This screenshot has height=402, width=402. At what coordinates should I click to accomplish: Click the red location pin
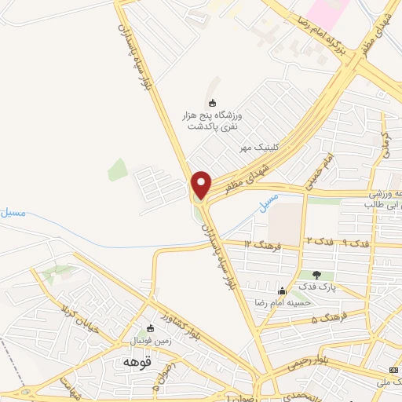click(201, 185)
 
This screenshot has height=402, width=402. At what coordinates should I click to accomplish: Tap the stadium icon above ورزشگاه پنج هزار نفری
click(211, 102)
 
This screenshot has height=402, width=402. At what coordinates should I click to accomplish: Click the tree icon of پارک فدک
click(316, 275)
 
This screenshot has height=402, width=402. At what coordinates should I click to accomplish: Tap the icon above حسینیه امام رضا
click(281, 291)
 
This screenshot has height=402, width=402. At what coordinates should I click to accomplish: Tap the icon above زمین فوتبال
click(152, 329)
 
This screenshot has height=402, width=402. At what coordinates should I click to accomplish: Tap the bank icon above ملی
click(393, 371)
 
